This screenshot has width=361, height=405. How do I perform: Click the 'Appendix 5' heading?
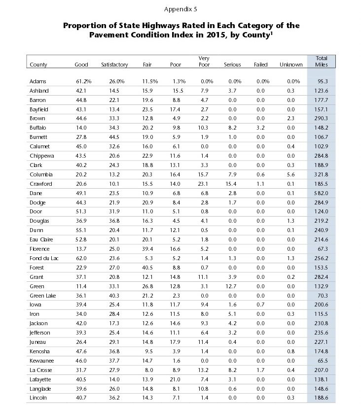click(180, 9)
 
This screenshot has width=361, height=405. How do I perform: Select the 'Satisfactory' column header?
click(114, 65)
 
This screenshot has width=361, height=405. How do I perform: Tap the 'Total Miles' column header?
click(322, 62)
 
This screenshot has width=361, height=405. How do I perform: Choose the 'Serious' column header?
click(232, 65)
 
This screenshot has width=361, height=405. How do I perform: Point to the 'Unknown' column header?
click(291, 65)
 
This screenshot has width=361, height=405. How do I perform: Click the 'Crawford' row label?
click(41, 184)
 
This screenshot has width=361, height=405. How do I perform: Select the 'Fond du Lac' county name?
click(44, 258)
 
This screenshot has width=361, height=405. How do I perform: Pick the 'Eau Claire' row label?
click(41, 239)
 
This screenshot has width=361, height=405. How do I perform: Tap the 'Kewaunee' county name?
click(41, 361)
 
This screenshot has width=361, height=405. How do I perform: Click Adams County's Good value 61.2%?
click(83, 81)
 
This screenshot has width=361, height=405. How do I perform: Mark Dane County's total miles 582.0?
click(321, 193)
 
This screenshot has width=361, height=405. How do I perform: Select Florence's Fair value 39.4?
click(147, 249)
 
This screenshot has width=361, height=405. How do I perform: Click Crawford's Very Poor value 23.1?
click(203, 184)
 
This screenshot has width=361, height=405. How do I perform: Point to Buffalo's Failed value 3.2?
click(260, 128)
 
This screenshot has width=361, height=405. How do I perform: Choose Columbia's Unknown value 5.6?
click(290, 174)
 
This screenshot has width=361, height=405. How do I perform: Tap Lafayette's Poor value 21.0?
click(175, 379)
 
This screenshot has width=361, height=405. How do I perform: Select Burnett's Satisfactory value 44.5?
click(114, 137)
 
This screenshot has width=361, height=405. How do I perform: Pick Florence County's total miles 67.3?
click(323, 249)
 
